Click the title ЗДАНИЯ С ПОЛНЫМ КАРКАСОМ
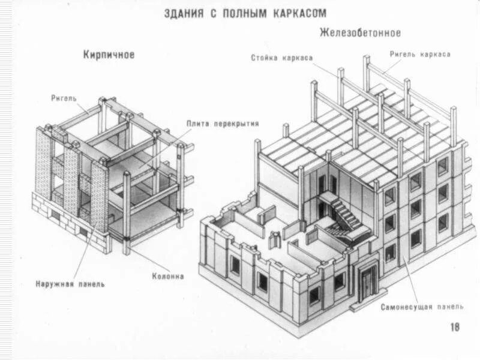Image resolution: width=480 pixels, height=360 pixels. (x=246, y=13)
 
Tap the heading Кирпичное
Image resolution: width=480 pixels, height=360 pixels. (x=109, y=55)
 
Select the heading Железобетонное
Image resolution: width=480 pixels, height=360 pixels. (x=360, y=32)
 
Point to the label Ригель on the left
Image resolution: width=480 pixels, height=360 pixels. (x=64, y=97)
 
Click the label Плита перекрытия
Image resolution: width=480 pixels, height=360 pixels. (x=223, y=124)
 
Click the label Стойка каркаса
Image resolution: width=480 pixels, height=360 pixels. (x=281, y=58)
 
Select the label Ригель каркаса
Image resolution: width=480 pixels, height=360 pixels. (x=420, y=54)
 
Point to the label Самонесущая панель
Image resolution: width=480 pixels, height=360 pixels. (x=422, y=307)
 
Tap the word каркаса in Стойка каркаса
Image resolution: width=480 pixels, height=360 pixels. (x=299, y=58)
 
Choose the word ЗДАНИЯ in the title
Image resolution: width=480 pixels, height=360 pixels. (x=184, y=13)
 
